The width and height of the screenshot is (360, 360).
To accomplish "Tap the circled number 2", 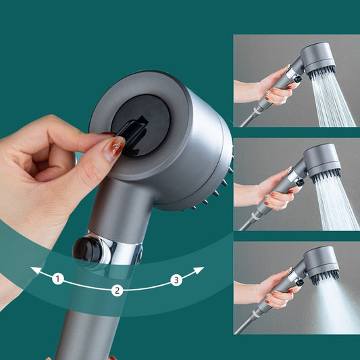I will pos(117,290).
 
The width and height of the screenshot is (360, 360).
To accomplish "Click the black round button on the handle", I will pos(88,249).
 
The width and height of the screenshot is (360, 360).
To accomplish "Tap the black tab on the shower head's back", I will pos(136,131).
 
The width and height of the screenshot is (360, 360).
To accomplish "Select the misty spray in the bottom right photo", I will pos(335,304).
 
